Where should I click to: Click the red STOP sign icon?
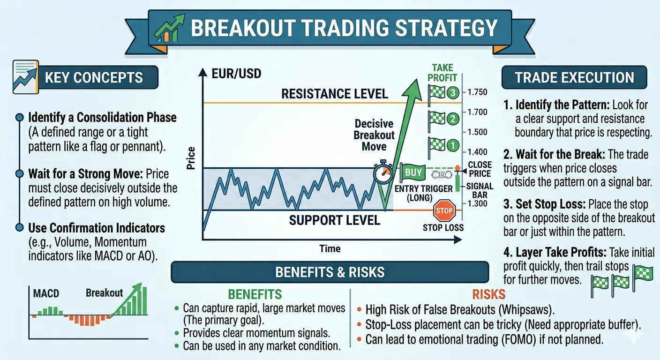click(x=444, y=210)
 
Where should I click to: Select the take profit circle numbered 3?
click(x=452, y=93)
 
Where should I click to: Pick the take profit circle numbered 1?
click(x=452, y=145)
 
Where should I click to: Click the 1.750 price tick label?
click(x=477, y=92)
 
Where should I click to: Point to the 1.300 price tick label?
click(x=477, y=203)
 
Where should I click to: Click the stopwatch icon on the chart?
click(x=383, y=172)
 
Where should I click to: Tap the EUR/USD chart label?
click(x=236, y=74)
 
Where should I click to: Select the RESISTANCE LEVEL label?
click(x=334, y=94)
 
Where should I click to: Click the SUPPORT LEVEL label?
click(x=334, y=220)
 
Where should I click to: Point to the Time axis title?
click(x=330, y=248)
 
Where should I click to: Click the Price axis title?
click(x=191, y=158)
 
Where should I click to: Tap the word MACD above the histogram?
click(x=46, y=293)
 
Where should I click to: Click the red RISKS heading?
click(x=488, y=294)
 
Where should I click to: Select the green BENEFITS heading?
click(x=255, y=294)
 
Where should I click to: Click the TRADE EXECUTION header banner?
click(x=574, y=77)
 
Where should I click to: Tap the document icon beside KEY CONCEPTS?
click(x=26, y=77)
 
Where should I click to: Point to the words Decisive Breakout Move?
click(x=374, y=135)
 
